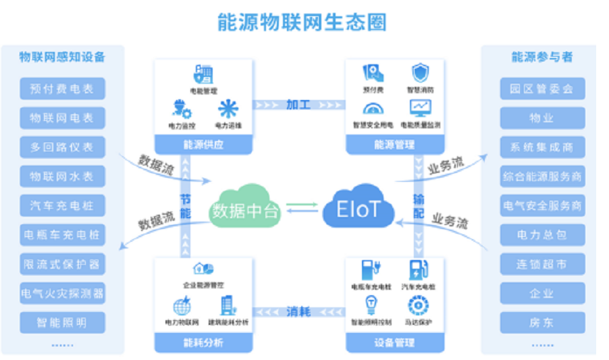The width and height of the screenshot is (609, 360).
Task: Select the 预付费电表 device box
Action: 62,88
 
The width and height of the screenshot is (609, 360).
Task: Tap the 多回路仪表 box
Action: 62,147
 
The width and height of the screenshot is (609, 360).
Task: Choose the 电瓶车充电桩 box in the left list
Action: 62,234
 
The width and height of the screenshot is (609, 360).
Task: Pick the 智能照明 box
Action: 62,322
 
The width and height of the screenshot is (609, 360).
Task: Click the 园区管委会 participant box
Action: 542,88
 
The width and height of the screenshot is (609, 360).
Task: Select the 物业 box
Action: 542,118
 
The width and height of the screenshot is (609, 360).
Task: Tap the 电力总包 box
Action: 542,235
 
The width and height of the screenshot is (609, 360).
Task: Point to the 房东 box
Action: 542,322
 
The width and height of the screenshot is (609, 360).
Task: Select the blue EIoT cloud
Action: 358,208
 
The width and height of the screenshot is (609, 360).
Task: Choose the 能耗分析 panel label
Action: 203,343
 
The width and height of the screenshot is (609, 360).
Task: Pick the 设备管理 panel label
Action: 394,343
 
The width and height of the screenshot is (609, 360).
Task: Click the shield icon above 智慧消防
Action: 420,73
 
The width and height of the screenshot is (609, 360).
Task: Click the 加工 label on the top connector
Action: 298,105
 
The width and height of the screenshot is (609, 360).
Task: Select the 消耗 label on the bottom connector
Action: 298,311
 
